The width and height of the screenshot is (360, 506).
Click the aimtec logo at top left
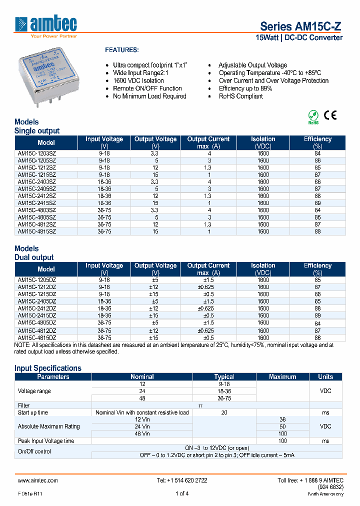46,26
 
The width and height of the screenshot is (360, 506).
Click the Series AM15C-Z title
301,27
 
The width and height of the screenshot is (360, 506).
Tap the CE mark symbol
330,115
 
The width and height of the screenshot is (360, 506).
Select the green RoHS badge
313,117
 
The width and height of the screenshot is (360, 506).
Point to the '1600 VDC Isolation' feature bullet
138,80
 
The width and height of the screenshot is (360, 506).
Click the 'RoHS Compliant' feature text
240,96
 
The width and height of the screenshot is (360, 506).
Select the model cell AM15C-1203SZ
37,153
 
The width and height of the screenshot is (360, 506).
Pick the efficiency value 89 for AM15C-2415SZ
317,203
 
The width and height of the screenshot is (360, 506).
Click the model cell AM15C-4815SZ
37,231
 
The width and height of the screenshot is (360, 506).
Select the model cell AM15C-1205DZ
37,280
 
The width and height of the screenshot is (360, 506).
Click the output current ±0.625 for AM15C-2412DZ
208,308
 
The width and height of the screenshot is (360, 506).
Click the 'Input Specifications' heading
48,368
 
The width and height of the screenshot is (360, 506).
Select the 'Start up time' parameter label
33,412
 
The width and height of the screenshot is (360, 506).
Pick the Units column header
325,376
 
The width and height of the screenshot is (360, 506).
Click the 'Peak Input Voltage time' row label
46,441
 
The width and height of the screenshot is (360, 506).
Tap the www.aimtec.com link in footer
37,480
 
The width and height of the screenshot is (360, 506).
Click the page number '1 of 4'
182,494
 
